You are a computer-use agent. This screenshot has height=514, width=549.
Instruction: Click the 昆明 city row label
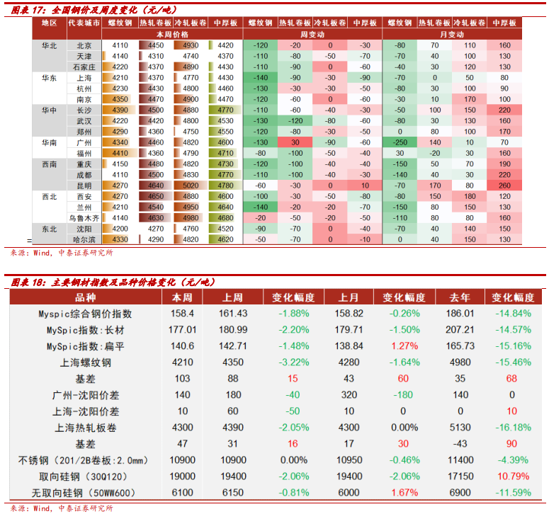coord(84,186)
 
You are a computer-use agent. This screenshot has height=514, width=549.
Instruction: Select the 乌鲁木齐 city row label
coord(84,219)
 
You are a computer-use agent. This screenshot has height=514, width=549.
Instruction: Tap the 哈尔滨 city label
coord(84,240)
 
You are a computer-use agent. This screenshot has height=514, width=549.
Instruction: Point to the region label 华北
coord(50,45)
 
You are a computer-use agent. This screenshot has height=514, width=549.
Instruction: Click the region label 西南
coord(50,164)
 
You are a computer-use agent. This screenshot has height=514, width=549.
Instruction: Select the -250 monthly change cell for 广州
coord(400,143)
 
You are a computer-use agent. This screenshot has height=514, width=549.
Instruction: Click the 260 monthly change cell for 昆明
coord(504,186)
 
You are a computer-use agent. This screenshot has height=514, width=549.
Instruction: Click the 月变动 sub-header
coord(452,34)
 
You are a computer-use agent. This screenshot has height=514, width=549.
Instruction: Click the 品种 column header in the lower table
coord(85,297)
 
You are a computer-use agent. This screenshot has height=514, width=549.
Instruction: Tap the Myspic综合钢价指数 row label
coord(85,314)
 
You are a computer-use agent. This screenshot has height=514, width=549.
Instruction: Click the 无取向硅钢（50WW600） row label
coord(85,493)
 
